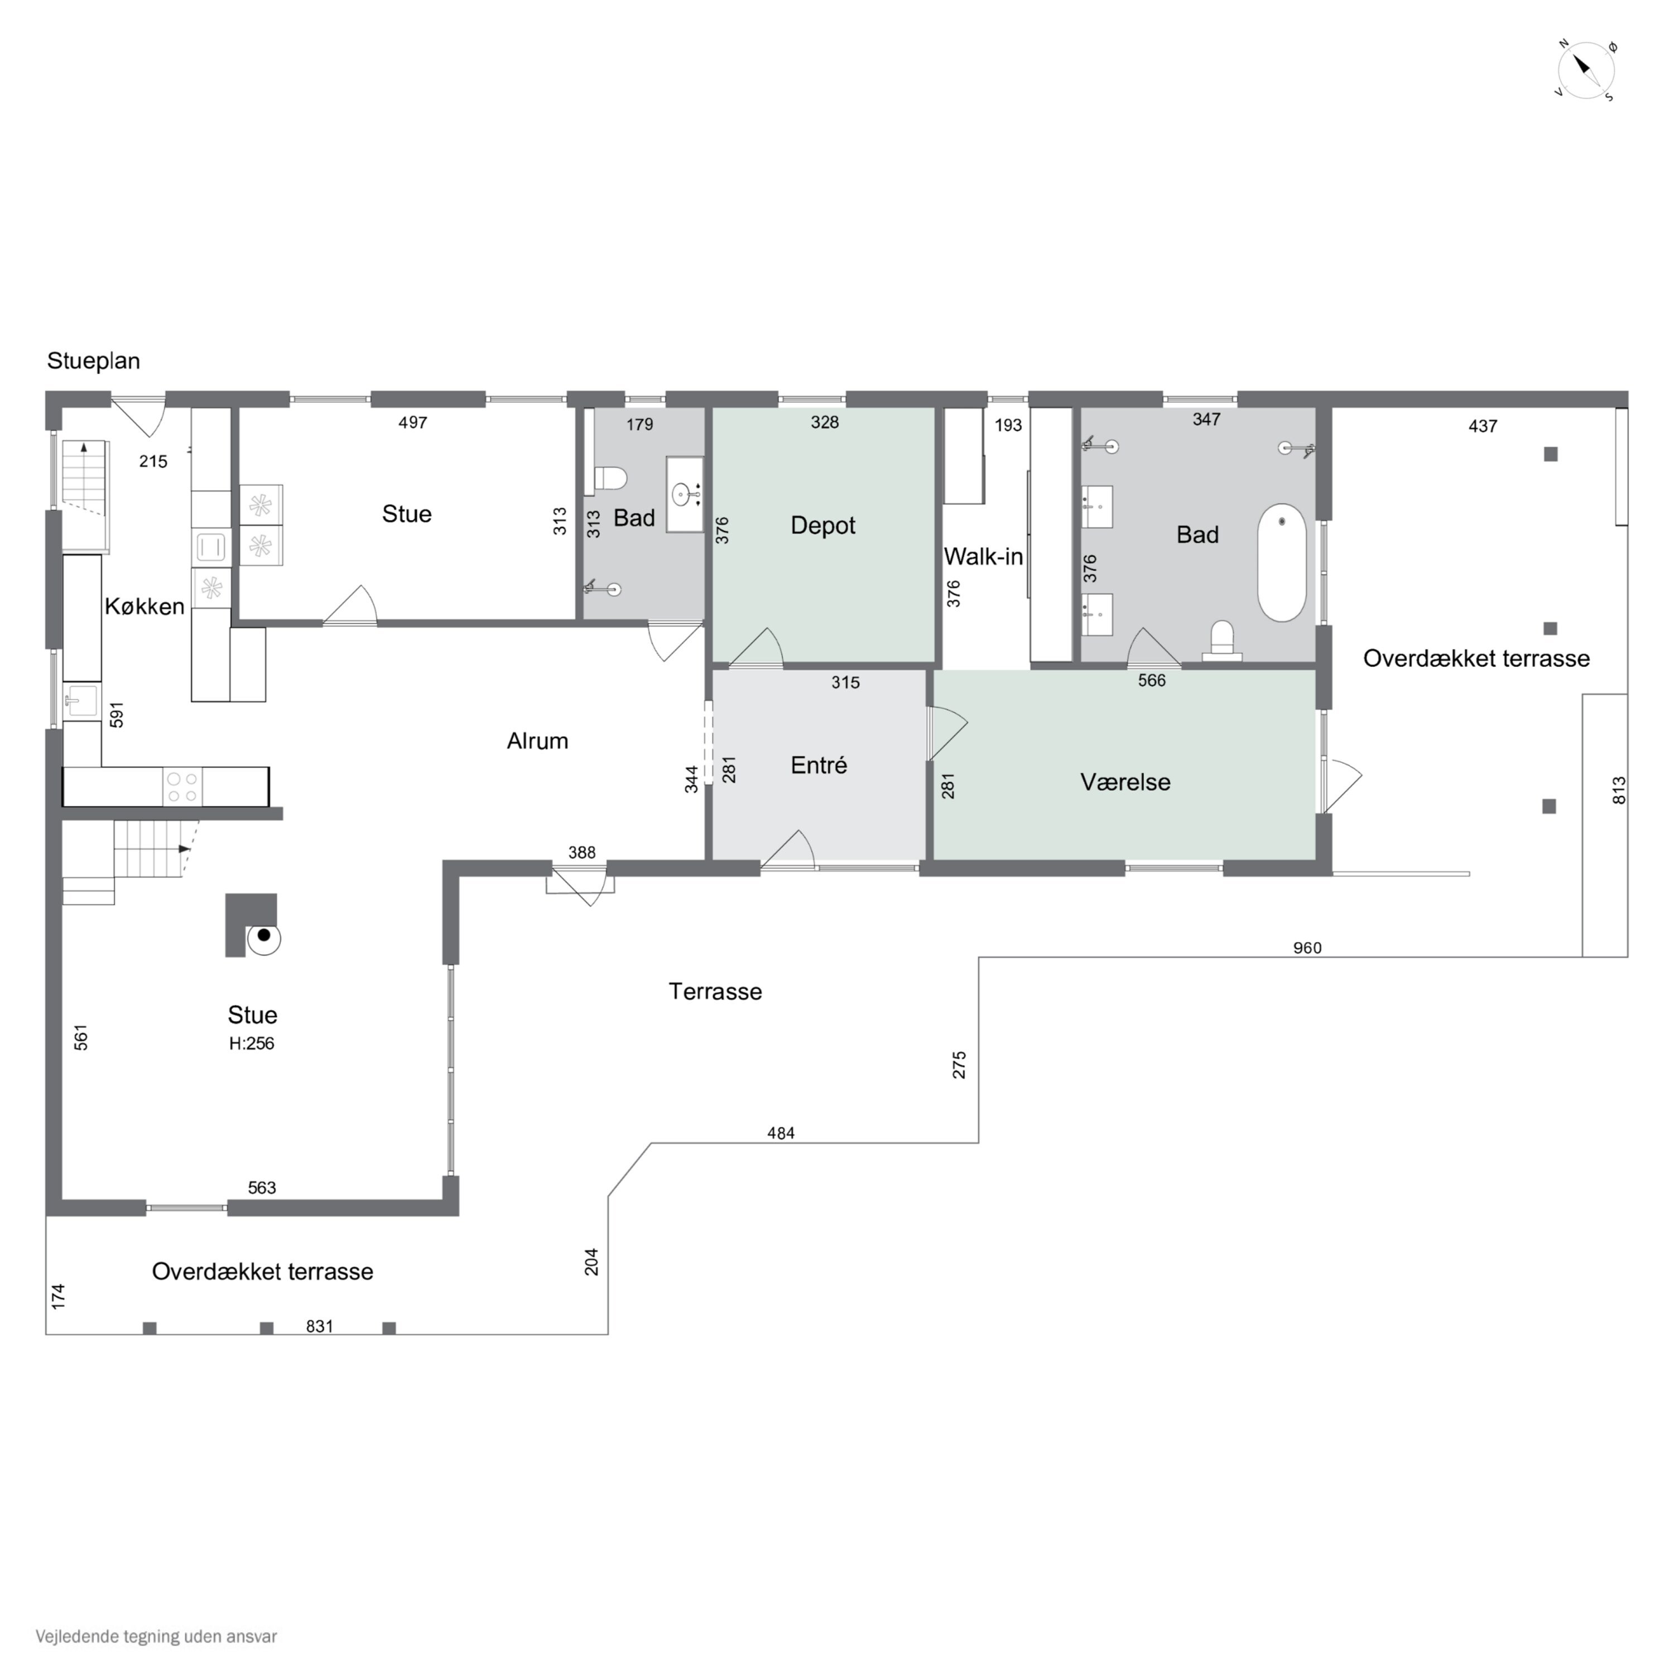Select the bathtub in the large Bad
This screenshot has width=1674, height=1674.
point(1282,562)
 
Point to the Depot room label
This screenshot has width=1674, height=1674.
point(822,525)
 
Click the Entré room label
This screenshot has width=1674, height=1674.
point(819,765)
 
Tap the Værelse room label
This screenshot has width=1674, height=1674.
point(1125,782)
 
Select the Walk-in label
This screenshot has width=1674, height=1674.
point(983,556)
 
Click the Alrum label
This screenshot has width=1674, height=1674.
point(537,741)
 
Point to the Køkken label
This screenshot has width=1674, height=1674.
point(145,607)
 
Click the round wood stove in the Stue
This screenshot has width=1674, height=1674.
point(263,937)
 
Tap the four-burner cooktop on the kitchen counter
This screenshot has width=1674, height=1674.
point(182,787)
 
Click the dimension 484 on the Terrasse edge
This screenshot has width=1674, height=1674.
point(781,1133)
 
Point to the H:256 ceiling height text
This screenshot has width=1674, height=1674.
point(251,1044)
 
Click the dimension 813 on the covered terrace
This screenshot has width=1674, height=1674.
point(1619,790)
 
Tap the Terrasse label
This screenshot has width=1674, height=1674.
point(716,991)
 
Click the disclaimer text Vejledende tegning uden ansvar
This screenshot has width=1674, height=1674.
point(156,1637)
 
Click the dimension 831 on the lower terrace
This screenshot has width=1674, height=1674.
point(320,1326)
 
